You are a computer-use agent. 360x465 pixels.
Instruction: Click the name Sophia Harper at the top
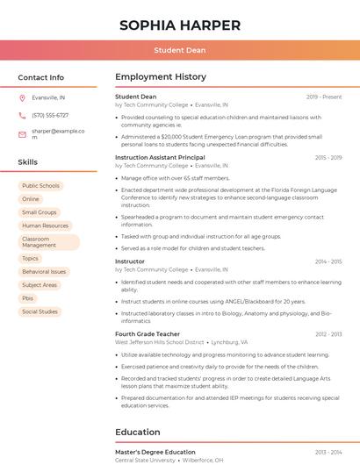point(180,25)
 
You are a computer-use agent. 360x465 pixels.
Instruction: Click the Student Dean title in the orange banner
point(180,50)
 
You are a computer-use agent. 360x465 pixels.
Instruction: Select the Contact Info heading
point(41,77)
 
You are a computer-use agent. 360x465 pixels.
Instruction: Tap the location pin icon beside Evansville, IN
point(22,97)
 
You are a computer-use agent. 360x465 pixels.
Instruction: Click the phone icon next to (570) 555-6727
point(22,115)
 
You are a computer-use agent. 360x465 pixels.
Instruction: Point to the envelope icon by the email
point(22,133)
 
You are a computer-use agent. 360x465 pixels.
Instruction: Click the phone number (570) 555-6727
point(50,115)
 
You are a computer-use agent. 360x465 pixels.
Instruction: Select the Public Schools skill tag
point(40,186)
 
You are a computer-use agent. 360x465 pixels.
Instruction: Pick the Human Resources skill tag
point(45,225)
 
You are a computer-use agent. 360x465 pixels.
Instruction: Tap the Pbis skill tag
point(28,298)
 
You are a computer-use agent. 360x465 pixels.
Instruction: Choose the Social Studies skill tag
point(40,311)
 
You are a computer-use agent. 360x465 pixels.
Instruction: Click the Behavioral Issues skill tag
point(44,272)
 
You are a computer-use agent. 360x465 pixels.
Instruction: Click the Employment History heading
point(161,77)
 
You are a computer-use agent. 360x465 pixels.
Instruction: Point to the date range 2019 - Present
point(324,97)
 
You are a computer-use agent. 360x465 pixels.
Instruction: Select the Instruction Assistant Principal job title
point(160,158)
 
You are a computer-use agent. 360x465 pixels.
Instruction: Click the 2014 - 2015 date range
point(328,261)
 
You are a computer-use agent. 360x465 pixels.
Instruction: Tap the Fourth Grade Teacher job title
point(148,334)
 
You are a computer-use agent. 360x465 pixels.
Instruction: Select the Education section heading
point(137,432)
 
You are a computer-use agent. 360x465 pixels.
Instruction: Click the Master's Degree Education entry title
point(155,452)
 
